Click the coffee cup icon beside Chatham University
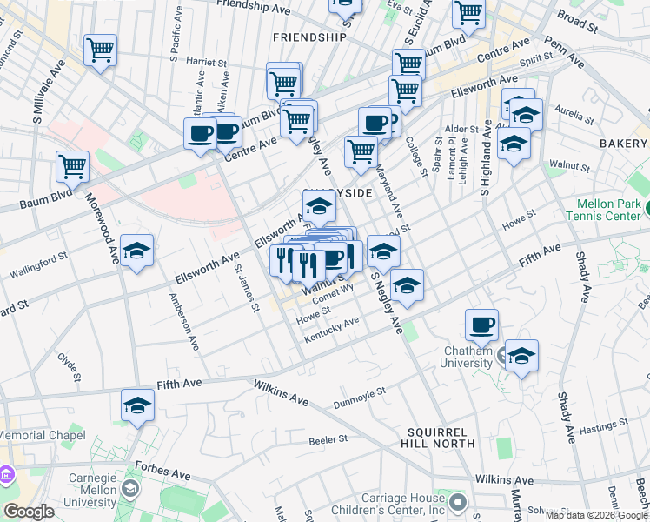coord(481,325)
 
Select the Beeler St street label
coord(328,440)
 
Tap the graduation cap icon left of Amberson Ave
coord(136,251)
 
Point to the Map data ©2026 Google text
coord(596,515)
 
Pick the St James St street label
coord(247,288)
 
